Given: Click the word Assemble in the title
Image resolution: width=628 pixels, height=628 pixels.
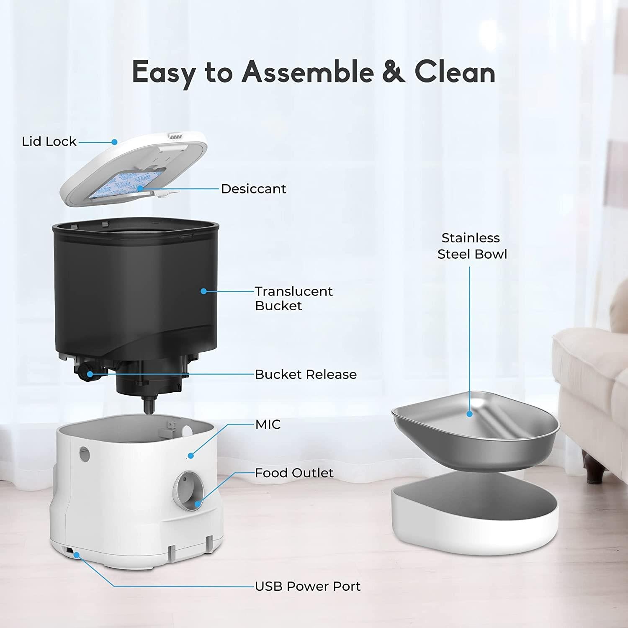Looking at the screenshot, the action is point(308,72).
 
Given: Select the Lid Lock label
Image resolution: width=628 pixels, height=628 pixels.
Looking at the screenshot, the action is point(49,142).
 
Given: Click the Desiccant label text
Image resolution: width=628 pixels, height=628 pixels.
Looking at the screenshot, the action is point(253,189).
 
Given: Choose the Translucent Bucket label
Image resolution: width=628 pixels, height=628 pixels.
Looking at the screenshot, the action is point(294,298).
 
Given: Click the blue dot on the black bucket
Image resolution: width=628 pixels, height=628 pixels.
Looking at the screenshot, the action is point(203,291).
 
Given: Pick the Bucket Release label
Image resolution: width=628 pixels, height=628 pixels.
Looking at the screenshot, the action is point(306,374).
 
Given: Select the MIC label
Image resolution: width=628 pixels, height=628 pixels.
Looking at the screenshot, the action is point(268,424).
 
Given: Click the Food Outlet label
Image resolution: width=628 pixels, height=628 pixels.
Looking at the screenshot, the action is point(294,473).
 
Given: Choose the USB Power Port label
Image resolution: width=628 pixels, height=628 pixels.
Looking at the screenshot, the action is point(308,586).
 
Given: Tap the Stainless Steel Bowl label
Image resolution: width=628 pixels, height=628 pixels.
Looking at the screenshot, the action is point(472,246).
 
